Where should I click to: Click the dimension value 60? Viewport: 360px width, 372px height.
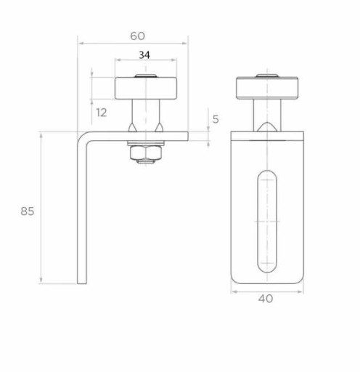137,36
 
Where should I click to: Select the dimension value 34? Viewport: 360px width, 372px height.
144,55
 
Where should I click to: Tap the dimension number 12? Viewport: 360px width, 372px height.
102,113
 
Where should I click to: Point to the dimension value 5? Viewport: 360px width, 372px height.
216,119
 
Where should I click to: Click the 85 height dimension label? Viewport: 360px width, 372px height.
28,211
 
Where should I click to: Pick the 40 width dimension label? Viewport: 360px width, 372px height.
266,299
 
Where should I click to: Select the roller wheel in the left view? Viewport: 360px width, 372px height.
146,88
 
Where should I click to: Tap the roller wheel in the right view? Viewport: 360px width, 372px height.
267,88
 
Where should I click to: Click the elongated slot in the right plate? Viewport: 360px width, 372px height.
267,222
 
